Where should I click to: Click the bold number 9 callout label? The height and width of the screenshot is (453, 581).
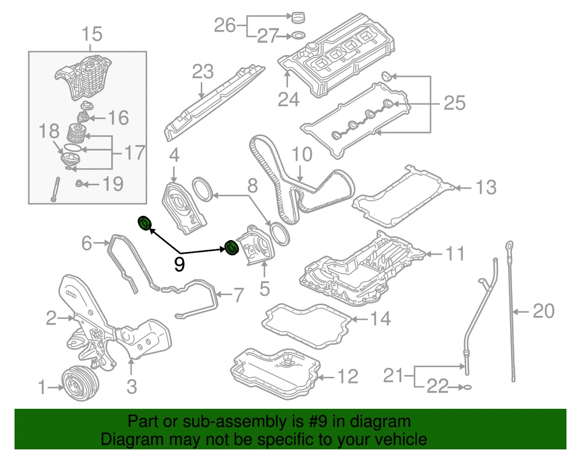pos(179,264)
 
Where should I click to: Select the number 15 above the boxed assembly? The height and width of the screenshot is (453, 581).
pos(92,35)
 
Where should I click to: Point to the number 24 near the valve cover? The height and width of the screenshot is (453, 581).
pos(289,99)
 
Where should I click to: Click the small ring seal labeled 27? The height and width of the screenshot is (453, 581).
pos(297,37)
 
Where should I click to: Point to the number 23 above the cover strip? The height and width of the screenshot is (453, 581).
pos(203,72)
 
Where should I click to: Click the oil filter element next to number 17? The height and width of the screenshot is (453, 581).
pos(75,131)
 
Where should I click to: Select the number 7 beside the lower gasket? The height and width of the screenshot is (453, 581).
pos(238,295)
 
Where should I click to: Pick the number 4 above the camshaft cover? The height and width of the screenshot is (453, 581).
pos(174,156)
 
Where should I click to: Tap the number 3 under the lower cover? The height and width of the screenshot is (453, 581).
pos(132,385)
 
